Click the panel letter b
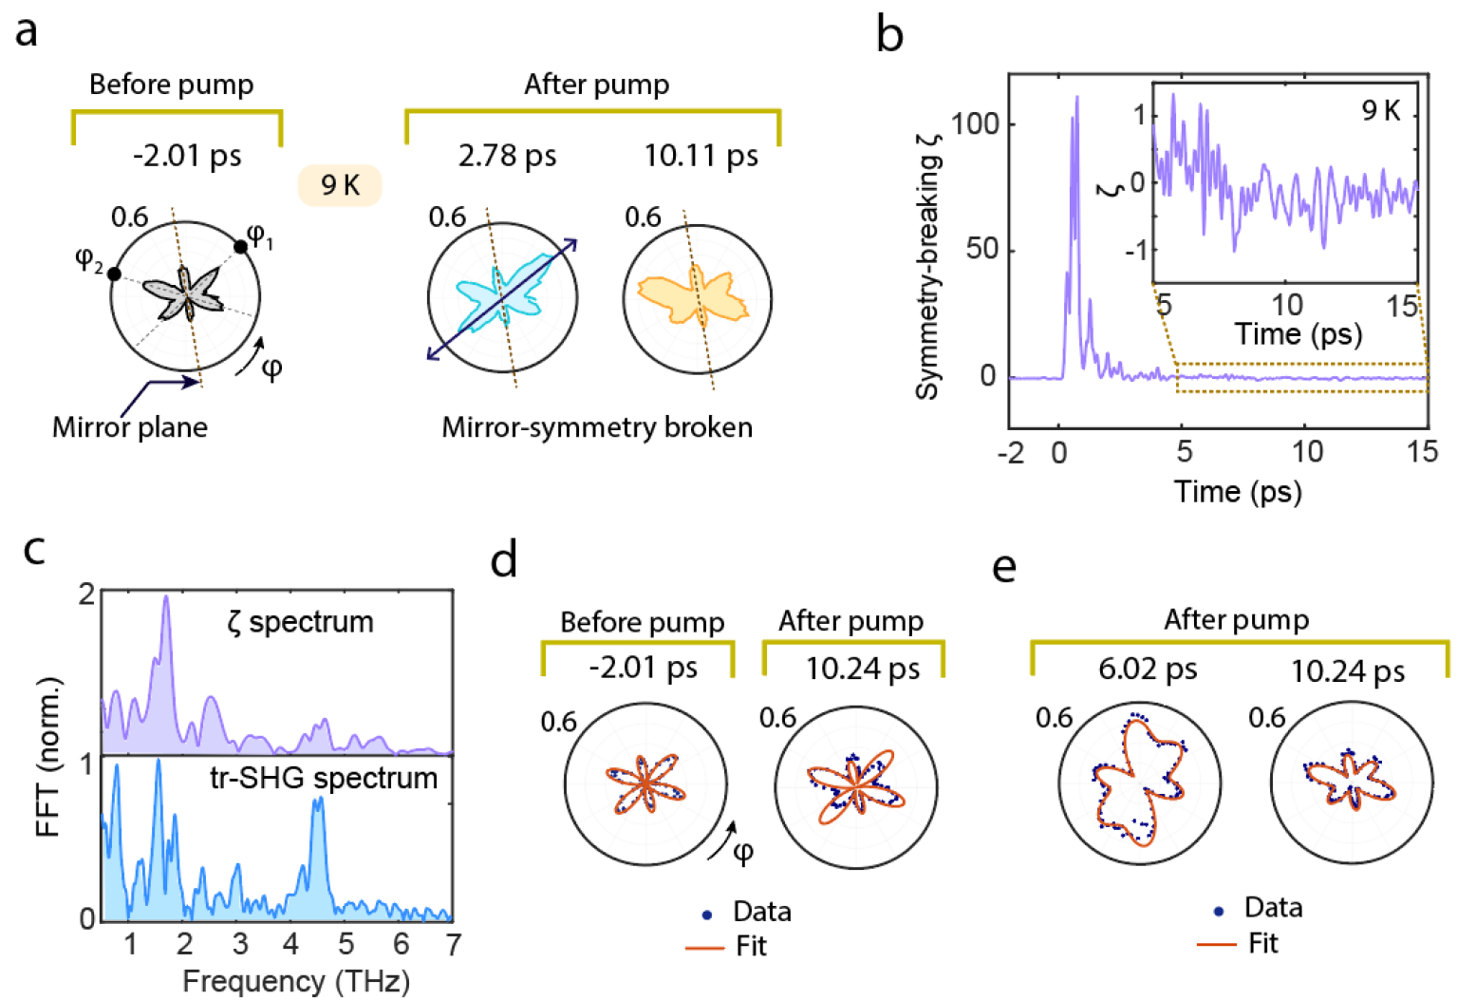[889, 36]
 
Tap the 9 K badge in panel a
[340, 184]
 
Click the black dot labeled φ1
[241, 247]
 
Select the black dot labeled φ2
[115, 274]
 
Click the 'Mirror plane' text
[130, 427]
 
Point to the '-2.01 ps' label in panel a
[187, 155]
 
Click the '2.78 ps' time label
[507, 155]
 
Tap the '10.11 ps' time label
[701, 155]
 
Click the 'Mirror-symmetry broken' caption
[597, 427]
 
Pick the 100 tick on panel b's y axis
[974, 124]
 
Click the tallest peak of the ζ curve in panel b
[1076, 97]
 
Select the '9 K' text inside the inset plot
[1381, 111]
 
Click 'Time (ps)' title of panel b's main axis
[1238, 491]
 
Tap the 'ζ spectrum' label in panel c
[300, 622]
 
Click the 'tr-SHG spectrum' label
[324, 778]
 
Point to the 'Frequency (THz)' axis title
[295, 981]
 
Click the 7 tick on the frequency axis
[453, 944]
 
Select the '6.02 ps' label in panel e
[1148, 670]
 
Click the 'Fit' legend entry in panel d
[750, 946]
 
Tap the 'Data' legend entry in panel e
[1273, 908]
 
